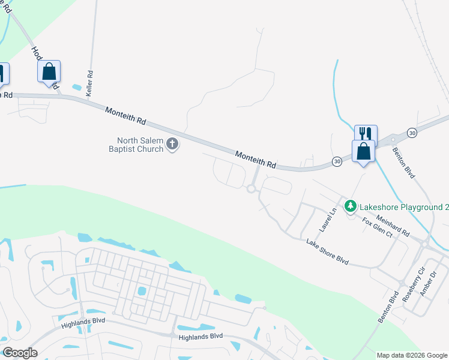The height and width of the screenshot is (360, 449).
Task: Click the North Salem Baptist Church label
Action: [x=135, y=145]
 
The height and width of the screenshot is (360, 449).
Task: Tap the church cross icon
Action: [x=172, y=144]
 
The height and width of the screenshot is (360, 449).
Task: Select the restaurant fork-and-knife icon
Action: [x=365, y=134]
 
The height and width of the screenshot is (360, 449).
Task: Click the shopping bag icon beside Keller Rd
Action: [x=49, y=72]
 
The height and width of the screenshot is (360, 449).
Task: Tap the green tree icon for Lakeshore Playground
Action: [x=351, y=206]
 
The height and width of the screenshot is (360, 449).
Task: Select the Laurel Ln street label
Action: [x=325, y=221]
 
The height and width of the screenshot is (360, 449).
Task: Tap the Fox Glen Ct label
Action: [x=376, y=228]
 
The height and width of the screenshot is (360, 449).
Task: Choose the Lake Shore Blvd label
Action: [x=327, y=251]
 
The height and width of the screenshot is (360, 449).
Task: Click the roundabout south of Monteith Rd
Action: [x=251, y=189]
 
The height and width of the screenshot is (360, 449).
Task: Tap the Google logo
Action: [x=20, y=353]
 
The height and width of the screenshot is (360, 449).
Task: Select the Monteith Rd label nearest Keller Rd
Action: [x=125, y=115]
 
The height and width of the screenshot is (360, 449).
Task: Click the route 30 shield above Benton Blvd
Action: [x=411, y=132]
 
